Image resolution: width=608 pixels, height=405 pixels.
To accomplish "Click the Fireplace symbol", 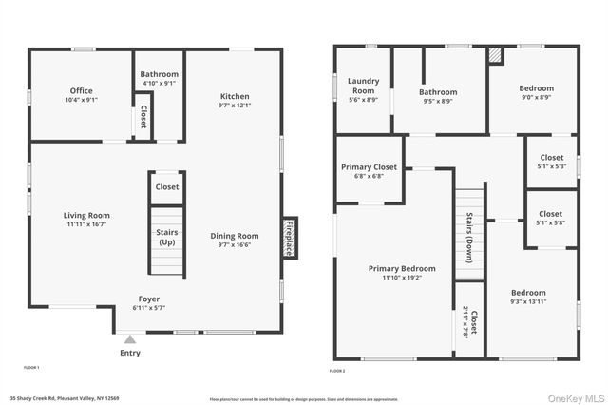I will coord(290,237).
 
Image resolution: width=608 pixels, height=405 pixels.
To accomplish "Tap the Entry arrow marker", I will coord(130,337).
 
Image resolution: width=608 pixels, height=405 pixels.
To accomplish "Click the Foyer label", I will coord(149,303).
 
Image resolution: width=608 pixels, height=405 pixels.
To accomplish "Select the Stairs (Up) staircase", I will coord(166,241).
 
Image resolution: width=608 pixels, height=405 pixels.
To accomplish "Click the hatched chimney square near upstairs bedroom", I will coord(495,55).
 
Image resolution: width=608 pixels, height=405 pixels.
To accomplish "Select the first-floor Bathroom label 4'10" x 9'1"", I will coord(159,79).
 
